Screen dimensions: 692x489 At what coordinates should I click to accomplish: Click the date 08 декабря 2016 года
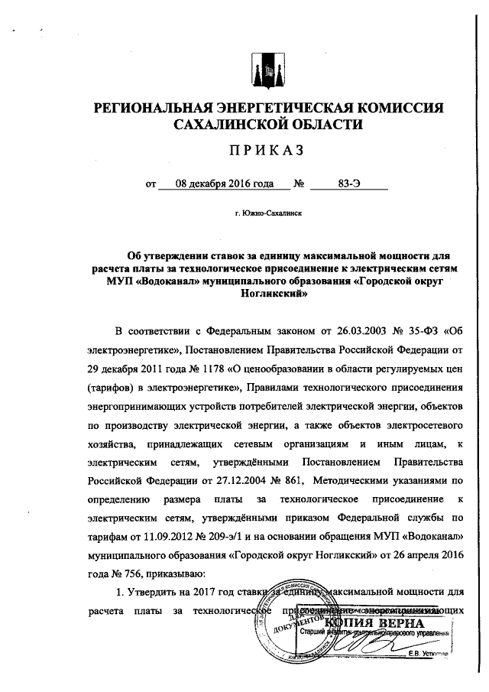213,184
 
